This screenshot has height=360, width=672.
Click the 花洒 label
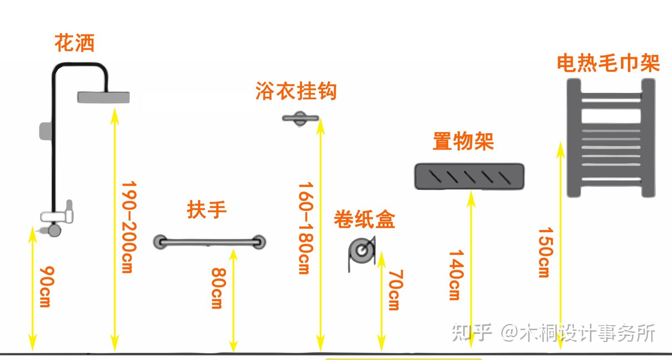tap(75, 43)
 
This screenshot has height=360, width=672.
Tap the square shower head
tap(103, 97)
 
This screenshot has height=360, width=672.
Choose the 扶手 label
tap(206, 210)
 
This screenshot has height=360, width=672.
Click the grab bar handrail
tap(209, 241)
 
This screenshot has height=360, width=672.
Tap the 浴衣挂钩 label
tap(296, 91)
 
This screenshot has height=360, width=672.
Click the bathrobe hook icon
tap(300, 118)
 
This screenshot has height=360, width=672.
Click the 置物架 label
tap(463, 141)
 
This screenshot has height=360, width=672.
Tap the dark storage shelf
tap(469, 176)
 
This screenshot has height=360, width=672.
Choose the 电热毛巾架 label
tap(608, 63)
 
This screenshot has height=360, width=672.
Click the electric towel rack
tap(611, 138)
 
